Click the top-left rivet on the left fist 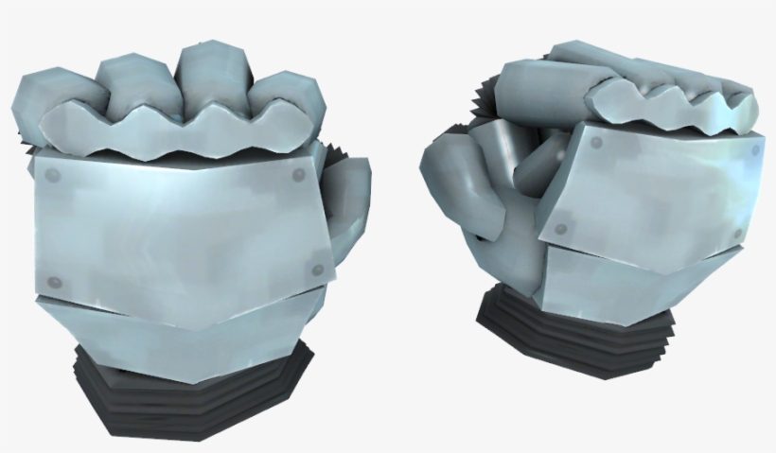click(x=53, y=175)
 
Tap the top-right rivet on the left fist click(x=300, y=175)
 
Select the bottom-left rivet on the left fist click(x=54, y=281)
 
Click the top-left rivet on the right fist click(x=596, y=143)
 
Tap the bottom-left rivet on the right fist click(x=562, y=229)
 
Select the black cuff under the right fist click(x=568, y=336)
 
